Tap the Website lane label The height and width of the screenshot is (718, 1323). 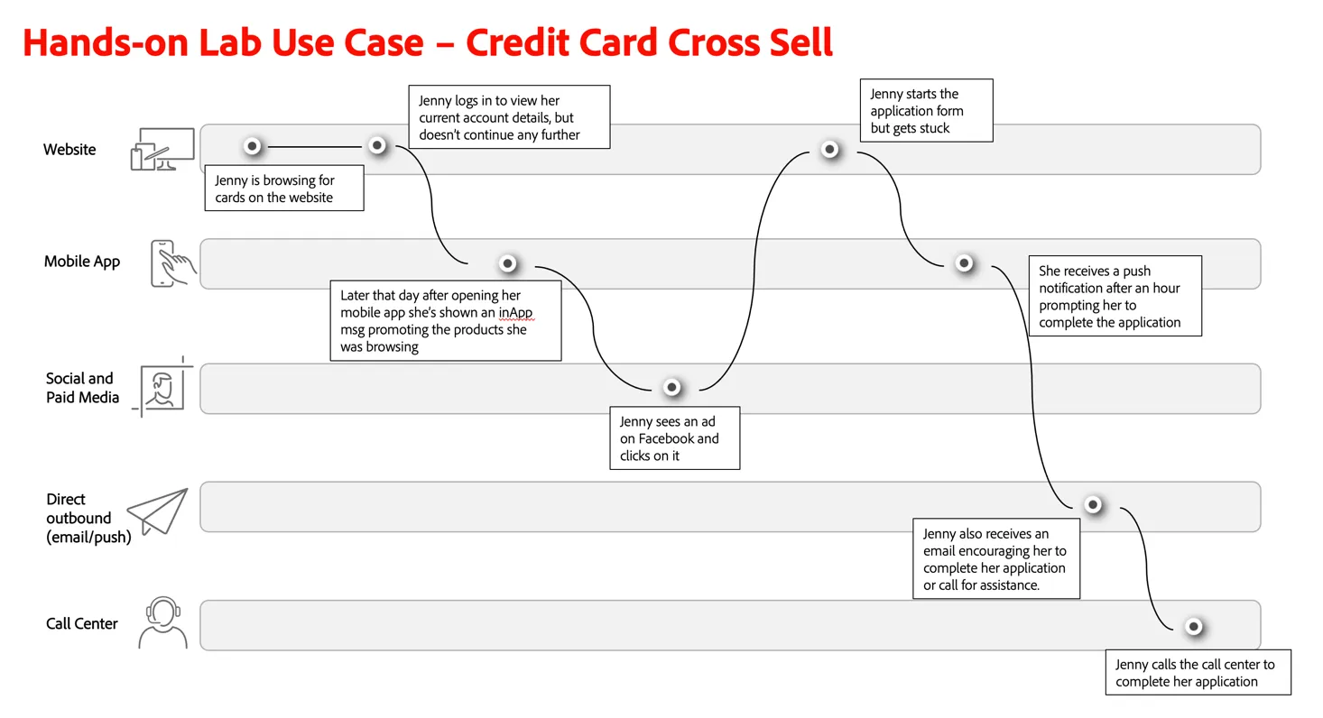(x=69, y=150)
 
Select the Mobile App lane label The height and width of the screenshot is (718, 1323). (x=82, y=261)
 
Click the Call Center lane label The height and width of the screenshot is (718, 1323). (x=81, y=623)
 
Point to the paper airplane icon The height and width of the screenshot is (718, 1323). (x=158, y=511)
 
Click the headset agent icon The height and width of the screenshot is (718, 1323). (x=163, y=622)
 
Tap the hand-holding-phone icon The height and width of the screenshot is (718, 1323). (x=172, y=263)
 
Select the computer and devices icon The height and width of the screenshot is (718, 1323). (x=162, y=149)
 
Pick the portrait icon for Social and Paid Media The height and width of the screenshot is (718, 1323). (x=162, y=387)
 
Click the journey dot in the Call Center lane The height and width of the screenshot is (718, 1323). (x=1193, y=627)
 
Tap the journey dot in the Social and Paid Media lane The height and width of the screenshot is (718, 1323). (x=671, y=387)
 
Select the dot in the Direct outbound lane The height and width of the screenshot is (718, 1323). (x=1093, y=505)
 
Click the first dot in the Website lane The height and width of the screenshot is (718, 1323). (x=252, y=146)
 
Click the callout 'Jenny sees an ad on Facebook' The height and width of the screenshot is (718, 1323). (x=674, y=438)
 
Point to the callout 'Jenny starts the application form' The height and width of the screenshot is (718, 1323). (x=926, y=110)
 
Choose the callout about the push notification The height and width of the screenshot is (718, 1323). (x=1115, y=296)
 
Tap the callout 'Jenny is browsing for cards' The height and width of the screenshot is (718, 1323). (x=284, y=189)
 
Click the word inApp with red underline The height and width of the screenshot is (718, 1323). (x=515, y=312)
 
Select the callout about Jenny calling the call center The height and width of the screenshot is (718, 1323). (x=1198, y=673)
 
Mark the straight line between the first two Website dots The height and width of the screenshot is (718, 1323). (x=314, y=146)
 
